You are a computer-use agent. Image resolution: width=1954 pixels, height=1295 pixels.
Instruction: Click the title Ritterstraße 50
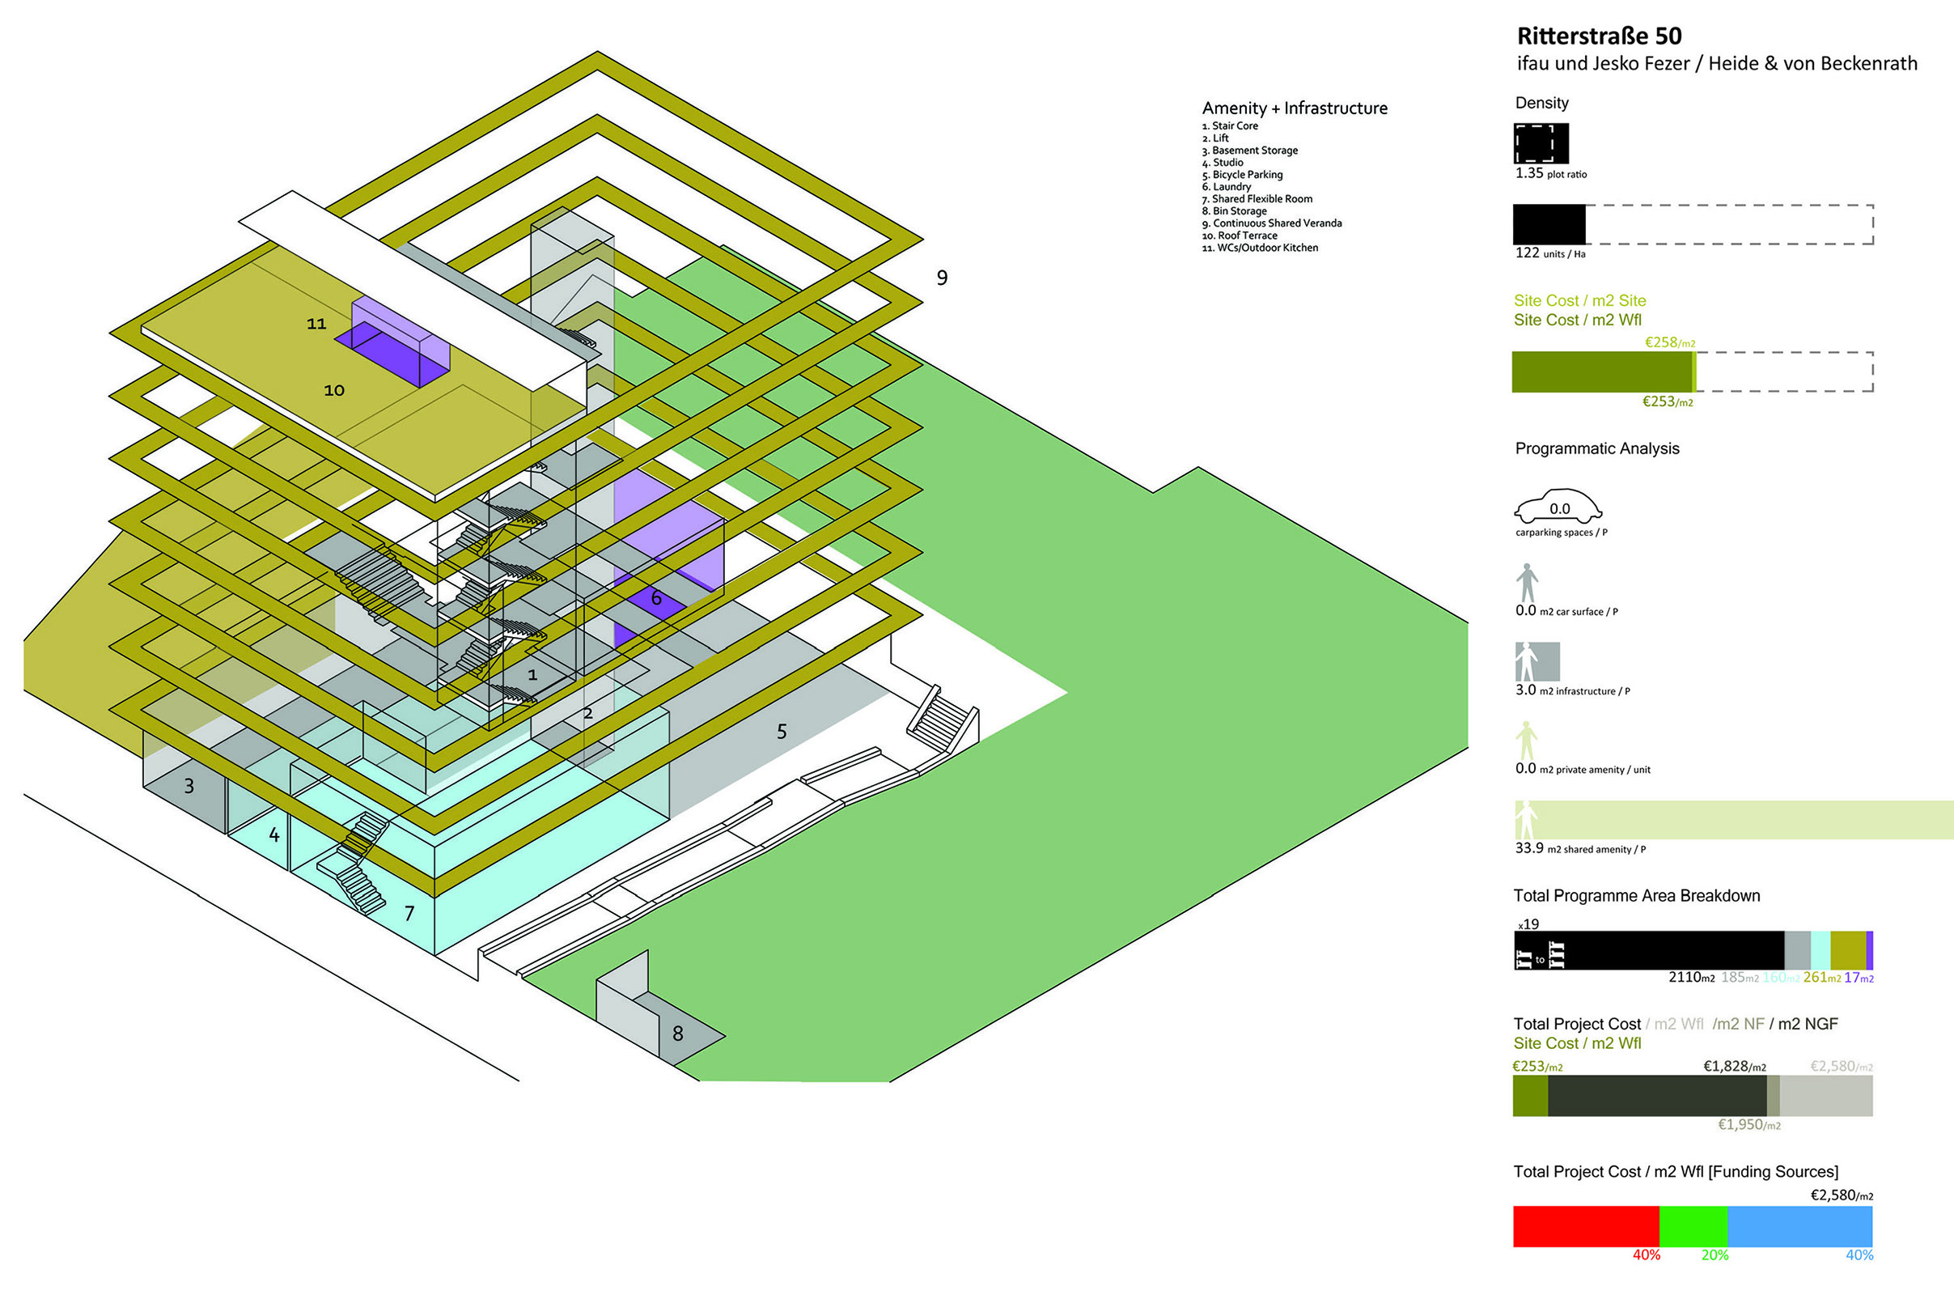[1598, 36]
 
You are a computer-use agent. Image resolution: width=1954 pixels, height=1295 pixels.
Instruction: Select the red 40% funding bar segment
[1585, 1225]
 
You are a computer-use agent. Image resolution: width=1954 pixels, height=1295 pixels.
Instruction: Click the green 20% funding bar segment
[1693, 1225]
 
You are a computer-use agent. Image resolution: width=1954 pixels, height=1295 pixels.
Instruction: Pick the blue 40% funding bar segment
[1799, 1225]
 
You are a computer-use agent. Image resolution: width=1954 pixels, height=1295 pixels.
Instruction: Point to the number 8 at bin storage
[677, 1034]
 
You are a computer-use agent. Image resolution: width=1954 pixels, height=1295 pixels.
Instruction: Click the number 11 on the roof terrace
[316, 324]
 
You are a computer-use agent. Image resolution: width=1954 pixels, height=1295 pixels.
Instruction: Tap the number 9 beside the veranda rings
[941, 278]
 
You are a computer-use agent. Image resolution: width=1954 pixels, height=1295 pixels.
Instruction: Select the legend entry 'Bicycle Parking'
[1247, 174]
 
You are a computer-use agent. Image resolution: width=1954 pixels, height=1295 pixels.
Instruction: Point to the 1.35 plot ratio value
[1529, 172]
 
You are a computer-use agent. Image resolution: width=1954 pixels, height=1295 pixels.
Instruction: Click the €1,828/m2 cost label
[1734, 1066]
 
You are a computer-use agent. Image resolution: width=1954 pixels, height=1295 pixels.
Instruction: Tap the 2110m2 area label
[1691, 977]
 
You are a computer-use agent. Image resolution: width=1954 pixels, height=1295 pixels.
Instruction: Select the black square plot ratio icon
[1541, 144]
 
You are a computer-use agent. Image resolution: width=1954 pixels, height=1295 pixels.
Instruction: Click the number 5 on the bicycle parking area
[781, 731]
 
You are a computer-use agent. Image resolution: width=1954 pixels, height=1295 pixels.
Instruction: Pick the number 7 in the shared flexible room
[409, 913]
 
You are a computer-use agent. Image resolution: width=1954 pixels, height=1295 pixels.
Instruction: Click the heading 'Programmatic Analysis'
[1596, 448]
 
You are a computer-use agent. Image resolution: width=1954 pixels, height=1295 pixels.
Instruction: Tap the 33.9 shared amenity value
[1529, 848]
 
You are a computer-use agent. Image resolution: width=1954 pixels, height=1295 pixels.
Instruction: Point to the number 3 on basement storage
[189, 785]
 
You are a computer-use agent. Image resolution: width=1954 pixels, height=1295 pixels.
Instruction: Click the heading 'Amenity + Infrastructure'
[1294, 108]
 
